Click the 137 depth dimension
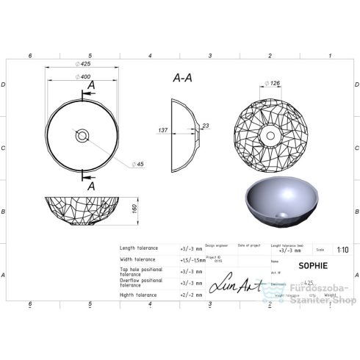(x=164, y=130)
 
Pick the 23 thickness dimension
(x=205, y=126)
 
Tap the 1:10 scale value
(x=342, y=249)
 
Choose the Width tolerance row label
(x=138, y=259)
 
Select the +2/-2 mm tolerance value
(x=190, y=295)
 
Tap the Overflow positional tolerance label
(x=141, y=283)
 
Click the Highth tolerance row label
(x=138, y=295)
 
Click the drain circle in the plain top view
(x=82, y=135)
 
